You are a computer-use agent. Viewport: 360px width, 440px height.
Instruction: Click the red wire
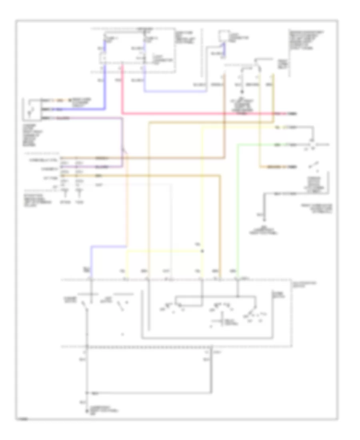(200, 114)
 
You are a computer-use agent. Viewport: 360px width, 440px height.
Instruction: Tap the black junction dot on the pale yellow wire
(202, 251)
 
